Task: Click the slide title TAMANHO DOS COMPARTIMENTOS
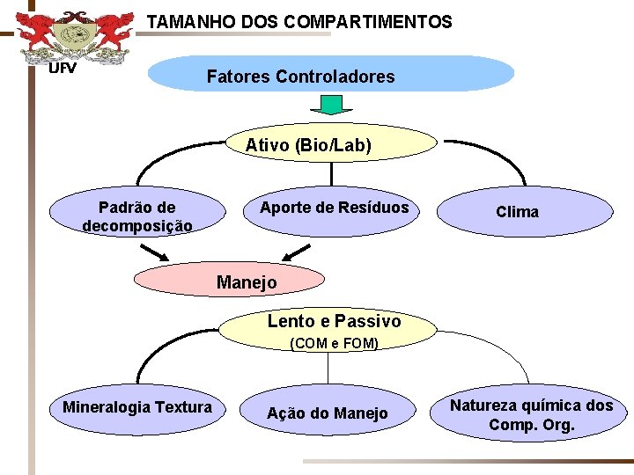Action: point(299,21)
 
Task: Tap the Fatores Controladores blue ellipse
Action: point(330,76)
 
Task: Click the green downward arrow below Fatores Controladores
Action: point(331,105)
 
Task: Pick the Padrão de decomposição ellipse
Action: point(136,216)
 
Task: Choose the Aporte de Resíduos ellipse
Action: point(334,208)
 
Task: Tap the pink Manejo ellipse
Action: point(229,281)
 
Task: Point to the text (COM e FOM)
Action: point(334,344)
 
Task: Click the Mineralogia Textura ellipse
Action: point(136,407)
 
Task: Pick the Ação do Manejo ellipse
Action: point(327,413)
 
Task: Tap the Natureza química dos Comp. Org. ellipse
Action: point(531,415)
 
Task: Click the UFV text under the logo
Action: point(62,68)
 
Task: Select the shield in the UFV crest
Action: point(74,37)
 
